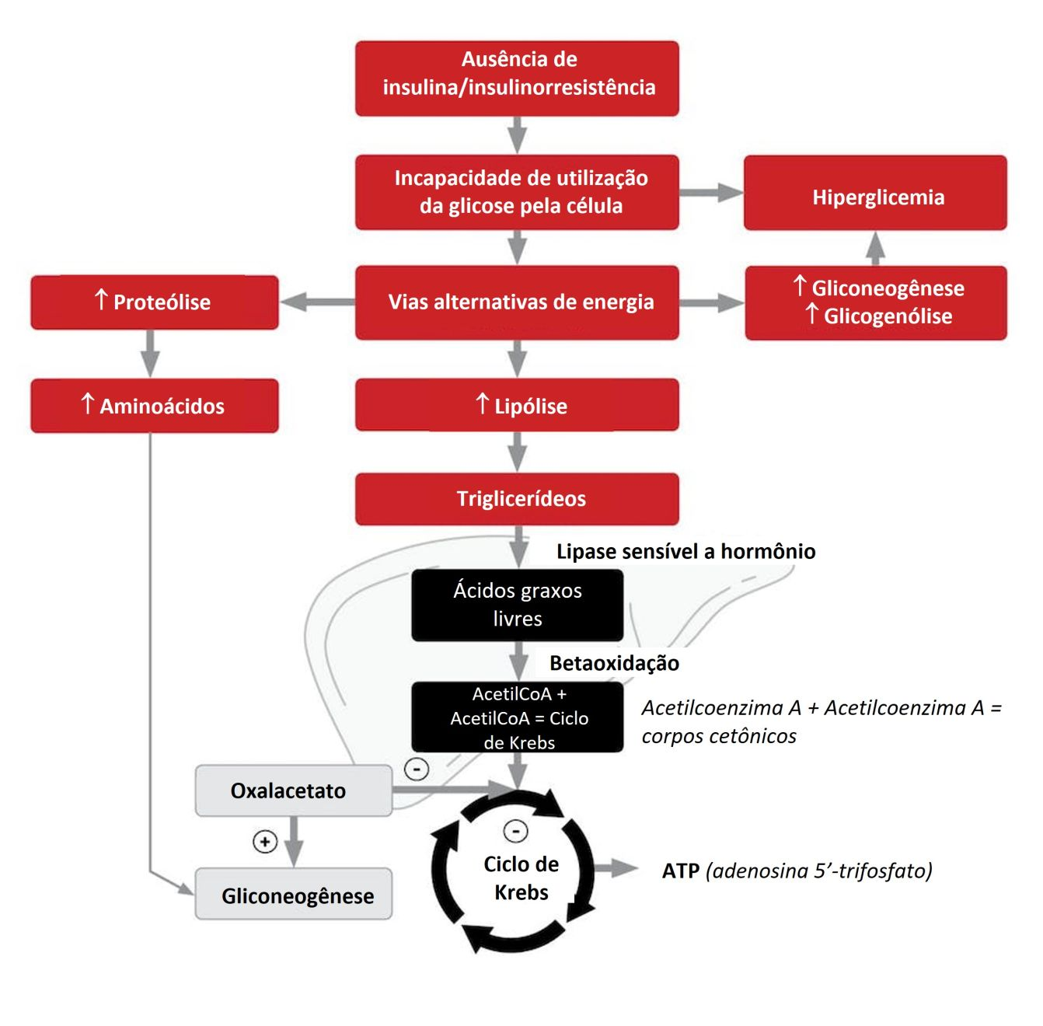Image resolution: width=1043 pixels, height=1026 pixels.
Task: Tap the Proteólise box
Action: tap(155, 302)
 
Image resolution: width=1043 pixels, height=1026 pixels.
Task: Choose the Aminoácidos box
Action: tap(155, 406)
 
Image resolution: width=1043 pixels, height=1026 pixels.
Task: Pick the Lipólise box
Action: tap(517, 405)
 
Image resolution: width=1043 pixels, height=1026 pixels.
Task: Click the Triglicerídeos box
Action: tap(517, 499)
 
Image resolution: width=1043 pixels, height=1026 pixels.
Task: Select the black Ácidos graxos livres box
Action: tap(517, 605)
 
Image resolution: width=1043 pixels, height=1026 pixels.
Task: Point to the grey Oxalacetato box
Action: tap(293, 790)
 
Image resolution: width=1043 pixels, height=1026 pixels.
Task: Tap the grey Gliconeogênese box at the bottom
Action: tap(293, 895)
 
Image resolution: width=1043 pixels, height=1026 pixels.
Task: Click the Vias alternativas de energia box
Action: tap(517, 302)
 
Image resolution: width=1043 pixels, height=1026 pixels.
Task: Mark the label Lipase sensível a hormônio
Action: tap(685, 552)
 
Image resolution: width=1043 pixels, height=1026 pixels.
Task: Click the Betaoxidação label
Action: tap(614, 663)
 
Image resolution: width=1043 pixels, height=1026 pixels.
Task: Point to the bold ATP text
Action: tap(681, 871)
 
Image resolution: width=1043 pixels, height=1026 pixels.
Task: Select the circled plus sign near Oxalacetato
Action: tap(265, 841)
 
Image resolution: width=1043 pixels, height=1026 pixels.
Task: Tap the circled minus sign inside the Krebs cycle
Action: tap(516, 830)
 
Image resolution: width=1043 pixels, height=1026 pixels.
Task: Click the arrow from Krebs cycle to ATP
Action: tap(617, 868)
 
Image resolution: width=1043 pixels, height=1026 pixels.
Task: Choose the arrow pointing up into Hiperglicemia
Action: tap(876, 248)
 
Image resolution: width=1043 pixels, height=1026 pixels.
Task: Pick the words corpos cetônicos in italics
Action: tap(719, 736)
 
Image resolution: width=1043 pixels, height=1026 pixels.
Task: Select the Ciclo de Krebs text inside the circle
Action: tap(521, 878)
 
